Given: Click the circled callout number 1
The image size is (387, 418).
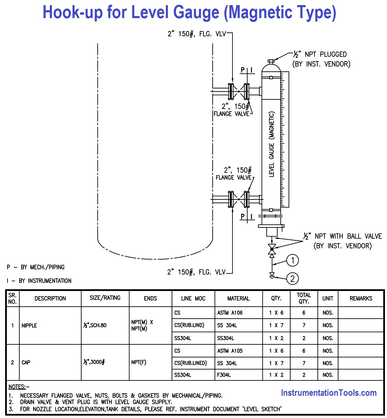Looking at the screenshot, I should (x=292, y=261).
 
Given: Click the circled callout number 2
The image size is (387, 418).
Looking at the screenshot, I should (x=292, y=278).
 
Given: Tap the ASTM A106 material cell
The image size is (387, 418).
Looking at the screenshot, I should (x=230, y=313).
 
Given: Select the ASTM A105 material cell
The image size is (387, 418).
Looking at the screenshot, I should (x=230, y=351).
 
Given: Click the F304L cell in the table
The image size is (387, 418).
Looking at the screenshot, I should (x=224, y=375).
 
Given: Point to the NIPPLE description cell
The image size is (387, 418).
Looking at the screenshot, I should (x=29, y=325).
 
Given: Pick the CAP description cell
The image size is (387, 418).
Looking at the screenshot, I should (x=26, y=362).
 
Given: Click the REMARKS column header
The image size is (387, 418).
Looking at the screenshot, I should (x=361, y=298).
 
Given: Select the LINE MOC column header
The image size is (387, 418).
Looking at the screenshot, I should (x=193, y=298).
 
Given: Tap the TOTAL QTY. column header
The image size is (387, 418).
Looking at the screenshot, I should (x=304, y=298).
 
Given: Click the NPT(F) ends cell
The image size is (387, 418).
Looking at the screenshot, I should (x=139, y=362).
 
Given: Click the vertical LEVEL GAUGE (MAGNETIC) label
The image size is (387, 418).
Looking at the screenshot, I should (x=272, y=144).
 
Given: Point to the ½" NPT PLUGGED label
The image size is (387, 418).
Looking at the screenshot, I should (x=320, y=54).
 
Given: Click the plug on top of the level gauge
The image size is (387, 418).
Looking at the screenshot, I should (x=271, y=61).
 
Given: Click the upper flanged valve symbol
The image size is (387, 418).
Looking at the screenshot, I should (x=239, y=91).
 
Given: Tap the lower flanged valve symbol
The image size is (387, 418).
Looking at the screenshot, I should (x=239, y=199).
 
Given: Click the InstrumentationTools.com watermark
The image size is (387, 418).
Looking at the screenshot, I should (x=329, y=393).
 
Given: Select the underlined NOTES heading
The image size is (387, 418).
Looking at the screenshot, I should (x=17, y=387).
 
